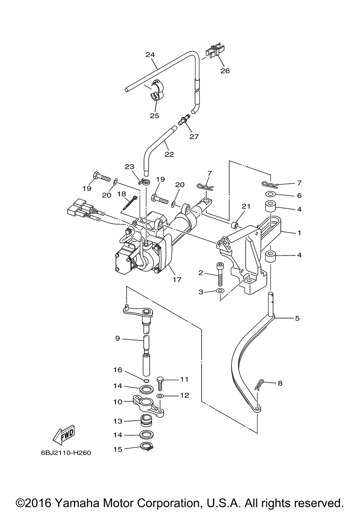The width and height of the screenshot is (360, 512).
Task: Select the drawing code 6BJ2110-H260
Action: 66,453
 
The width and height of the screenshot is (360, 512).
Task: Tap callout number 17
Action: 177,280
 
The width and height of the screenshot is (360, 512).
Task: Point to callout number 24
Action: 150,55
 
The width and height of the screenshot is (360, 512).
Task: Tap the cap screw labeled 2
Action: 220,274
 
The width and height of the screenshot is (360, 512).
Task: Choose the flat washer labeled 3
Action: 220,291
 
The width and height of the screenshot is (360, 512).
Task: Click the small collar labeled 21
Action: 234,225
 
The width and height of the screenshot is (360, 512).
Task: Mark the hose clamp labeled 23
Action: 144,182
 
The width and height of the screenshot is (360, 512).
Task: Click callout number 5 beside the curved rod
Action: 297,318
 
